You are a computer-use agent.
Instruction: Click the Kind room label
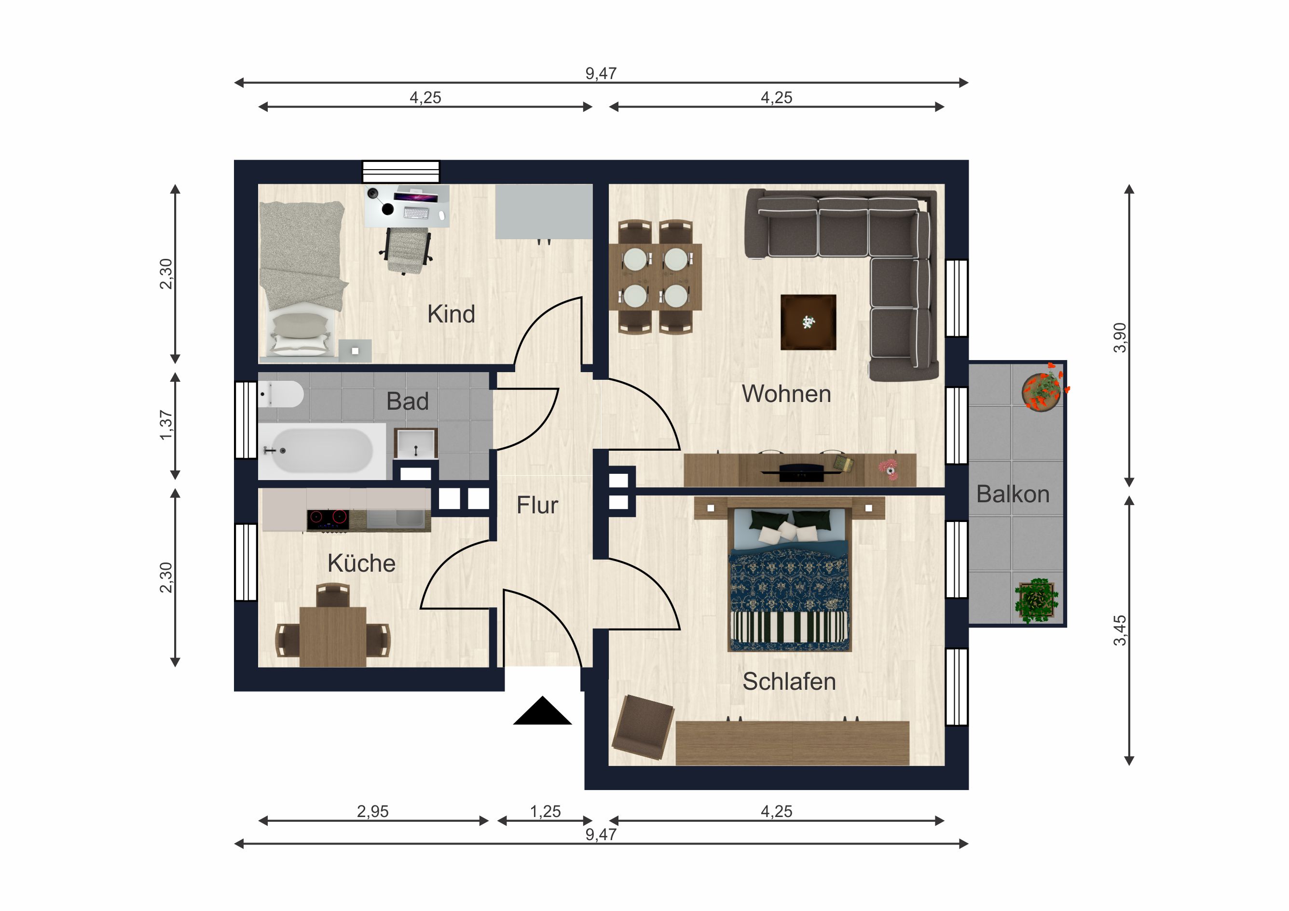(451, 314)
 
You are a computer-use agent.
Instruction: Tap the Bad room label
(408, 401)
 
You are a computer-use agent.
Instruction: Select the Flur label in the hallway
(537, 506)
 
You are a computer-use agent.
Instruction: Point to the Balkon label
(1013, 494)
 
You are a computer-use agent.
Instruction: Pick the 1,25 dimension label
(546, 811)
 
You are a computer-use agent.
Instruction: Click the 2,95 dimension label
(373, 811)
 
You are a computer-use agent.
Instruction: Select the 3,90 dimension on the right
(1120, 338)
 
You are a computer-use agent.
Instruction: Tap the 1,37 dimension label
(166, 425)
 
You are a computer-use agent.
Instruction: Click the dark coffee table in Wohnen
(809, 322)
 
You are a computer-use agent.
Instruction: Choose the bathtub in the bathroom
(322, 451)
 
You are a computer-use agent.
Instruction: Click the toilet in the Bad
(281, 394)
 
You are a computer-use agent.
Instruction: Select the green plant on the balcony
(1036, 601)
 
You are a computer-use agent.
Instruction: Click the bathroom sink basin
(416, 444)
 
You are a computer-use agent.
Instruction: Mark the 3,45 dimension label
(1120, 630)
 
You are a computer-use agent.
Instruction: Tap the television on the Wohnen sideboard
(801, 473)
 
